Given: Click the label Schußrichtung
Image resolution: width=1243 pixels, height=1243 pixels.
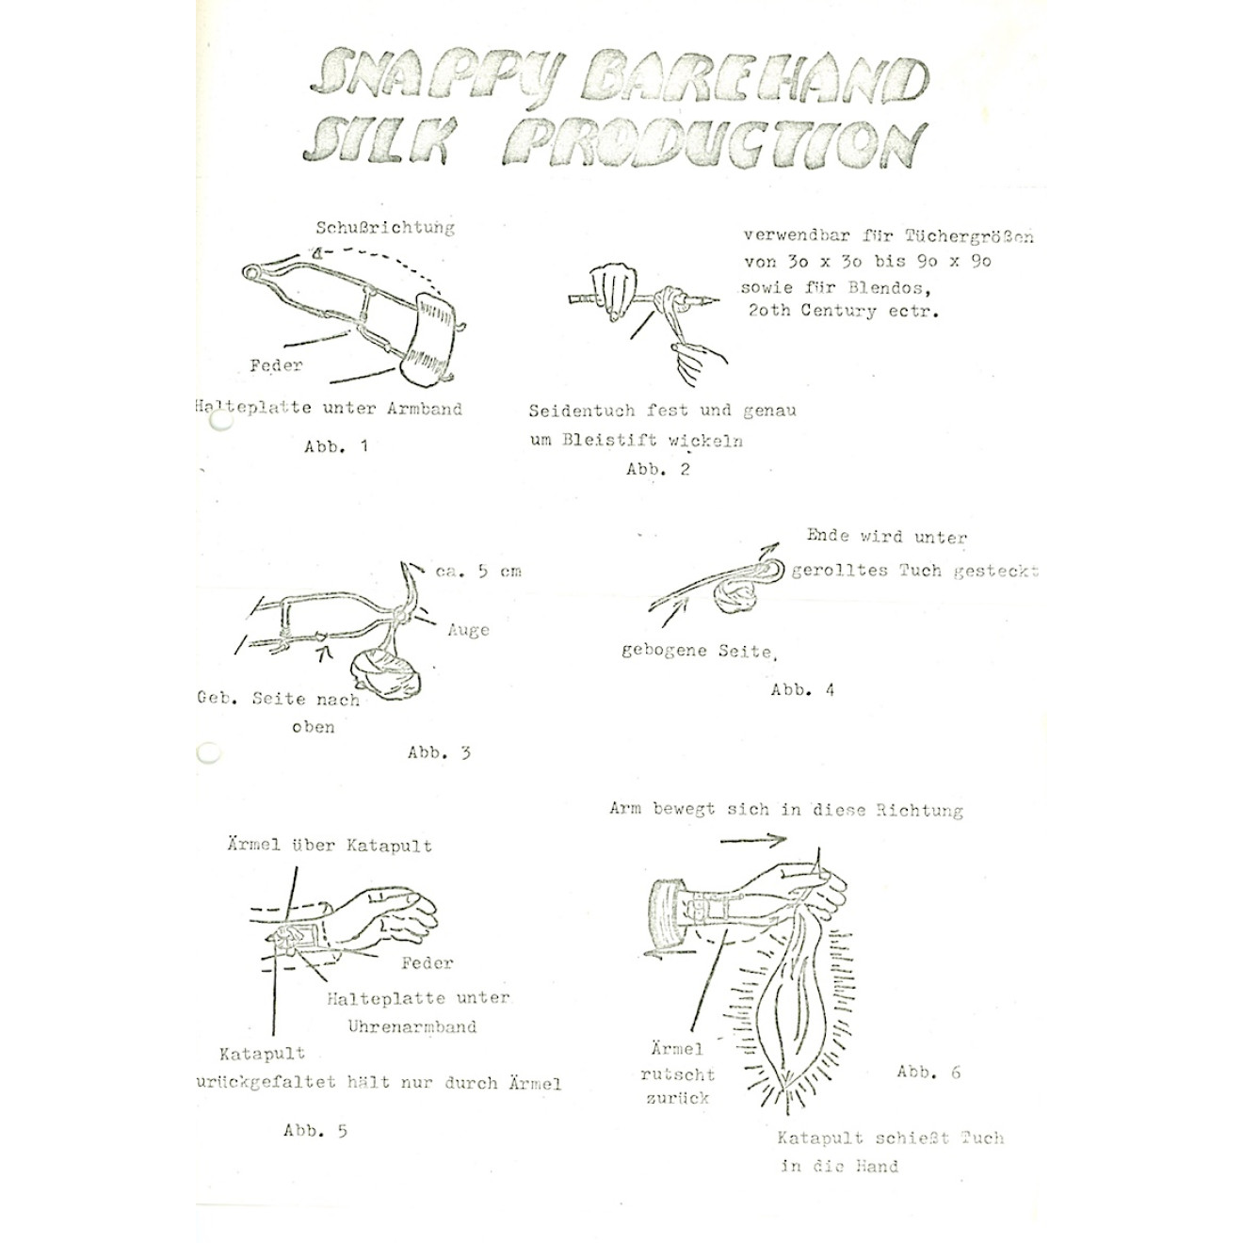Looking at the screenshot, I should tap(384, 227).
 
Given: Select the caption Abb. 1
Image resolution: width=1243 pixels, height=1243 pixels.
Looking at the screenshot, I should tap(335, 446).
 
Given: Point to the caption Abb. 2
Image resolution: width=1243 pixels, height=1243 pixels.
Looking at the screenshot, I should tap(657, 469).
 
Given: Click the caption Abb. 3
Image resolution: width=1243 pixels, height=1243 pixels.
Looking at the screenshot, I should tap(439, 752).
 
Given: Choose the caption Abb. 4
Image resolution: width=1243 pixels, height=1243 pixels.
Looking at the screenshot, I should tap(802, 689).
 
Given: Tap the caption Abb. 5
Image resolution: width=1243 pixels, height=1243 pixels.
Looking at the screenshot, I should tap(315, 1130).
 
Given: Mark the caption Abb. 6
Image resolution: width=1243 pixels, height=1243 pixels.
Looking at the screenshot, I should tap(928, 1072).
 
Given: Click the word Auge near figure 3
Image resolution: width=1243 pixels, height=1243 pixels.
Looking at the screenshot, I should tap(468, 630).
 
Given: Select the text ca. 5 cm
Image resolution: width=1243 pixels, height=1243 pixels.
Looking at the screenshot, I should tap(478, 571).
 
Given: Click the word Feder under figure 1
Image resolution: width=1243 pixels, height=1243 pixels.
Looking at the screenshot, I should tap(276, 365).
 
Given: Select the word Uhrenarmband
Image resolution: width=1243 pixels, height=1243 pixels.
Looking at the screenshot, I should tap(412, 1025).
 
